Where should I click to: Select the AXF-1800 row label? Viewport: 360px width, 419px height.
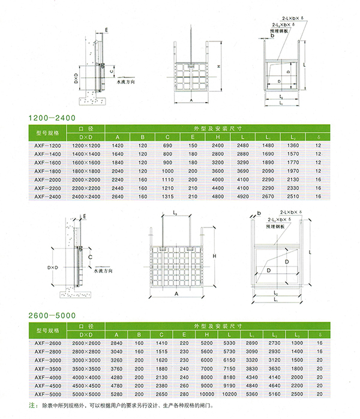[x=49, y=170]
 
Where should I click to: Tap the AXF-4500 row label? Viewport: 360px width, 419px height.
[x=49, y=386]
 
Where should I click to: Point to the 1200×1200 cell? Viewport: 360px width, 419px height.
[x=85, y=145]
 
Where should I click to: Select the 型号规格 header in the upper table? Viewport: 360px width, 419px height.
[x=49, y=133]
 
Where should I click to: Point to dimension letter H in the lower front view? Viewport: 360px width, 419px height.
[x=214, y=257]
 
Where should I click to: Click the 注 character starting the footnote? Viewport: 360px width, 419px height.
[x=32, y=406]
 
